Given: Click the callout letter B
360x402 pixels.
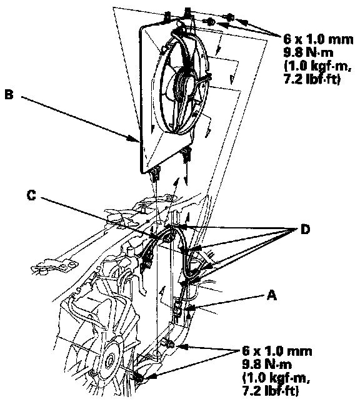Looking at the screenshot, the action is click(x=9, y=94).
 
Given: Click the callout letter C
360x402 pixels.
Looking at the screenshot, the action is click(x=31, y=195).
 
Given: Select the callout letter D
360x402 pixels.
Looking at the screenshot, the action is click(x=305, y=230).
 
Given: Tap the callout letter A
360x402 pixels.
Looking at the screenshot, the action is click(x=272, y=295).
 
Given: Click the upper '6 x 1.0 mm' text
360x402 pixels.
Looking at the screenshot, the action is click(x=318, y=39).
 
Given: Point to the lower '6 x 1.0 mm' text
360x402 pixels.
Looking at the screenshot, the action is click(x=277, y=351).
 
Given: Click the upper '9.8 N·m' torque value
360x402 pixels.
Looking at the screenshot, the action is click(x=308, y=53).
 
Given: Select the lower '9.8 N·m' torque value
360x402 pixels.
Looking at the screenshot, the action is click(x=267, y=364).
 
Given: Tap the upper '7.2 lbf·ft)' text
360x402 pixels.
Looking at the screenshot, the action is click(x=312, y=79).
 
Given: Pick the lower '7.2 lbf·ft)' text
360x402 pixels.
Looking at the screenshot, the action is click(x=271, y=391).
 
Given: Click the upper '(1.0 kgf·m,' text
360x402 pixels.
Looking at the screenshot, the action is click(x=318, y=66).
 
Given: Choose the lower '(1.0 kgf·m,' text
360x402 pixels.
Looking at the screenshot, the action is click(x=276, y=378).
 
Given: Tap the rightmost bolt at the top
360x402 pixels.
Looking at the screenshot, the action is click(x=230, y=17).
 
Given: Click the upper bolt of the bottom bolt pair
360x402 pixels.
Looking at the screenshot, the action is click(x=169, y=344).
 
